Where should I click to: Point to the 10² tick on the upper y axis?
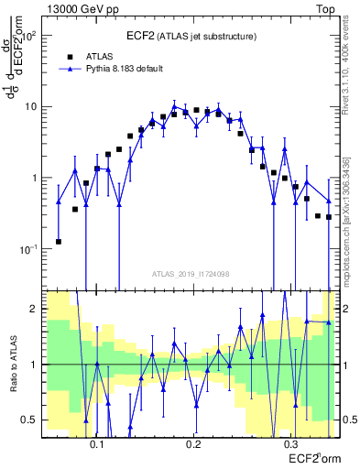(x=30, y=36)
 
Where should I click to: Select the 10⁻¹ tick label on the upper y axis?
(x=29, y=248)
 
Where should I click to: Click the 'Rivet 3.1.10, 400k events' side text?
(x=352, y=72)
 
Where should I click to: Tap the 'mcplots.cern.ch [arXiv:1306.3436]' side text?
(x=352, y=211)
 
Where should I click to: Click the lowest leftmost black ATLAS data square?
(x=59, y=242)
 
